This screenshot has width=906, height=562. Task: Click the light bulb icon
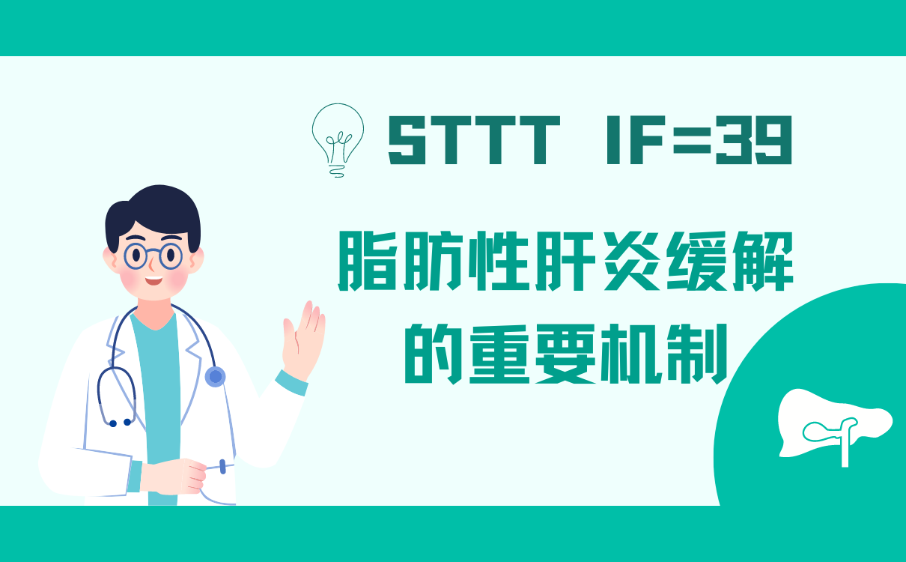(x=338, y=140)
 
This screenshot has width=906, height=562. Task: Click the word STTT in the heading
(x=474, y=140)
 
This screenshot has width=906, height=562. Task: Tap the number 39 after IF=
(x=753, y=140)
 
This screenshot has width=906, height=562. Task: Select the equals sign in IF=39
(x=692, y=140)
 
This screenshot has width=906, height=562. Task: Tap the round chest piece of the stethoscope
(x=215, y=377)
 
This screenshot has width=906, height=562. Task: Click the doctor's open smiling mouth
(x=153, y=280)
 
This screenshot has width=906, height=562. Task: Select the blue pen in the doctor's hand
(x=222, y=466)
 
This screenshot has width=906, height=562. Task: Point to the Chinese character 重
(x=499, y=354)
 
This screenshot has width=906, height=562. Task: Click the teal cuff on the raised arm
(x=291, y=383)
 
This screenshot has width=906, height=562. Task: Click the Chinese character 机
(x=631, y=354)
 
